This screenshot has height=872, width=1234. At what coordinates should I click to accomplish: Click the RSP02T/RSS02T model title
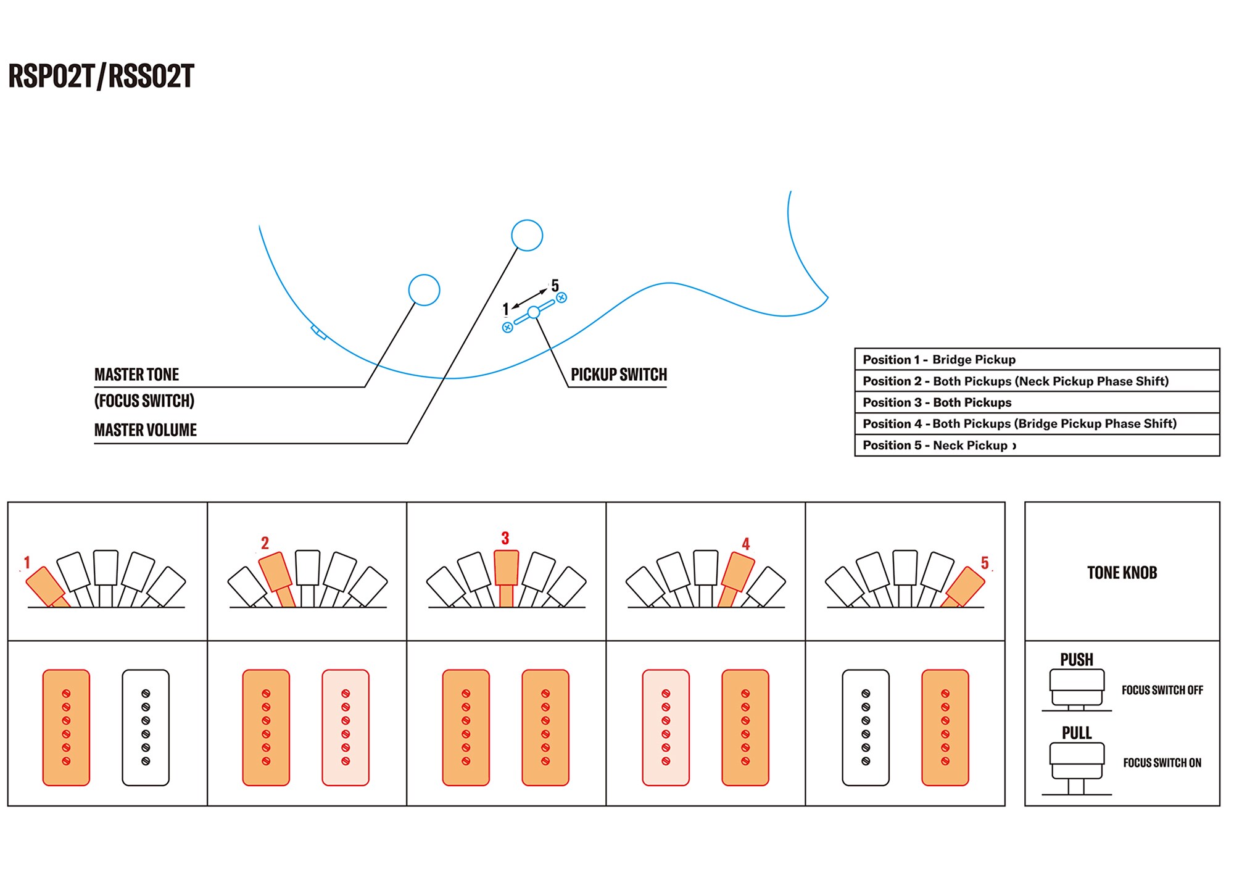coord(101,77)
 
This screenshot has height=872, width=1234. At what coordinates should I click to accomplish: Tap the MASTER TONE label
coord(136,375)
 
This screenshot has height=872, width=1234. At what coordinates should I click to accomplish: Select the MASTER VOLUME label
coord(146,430)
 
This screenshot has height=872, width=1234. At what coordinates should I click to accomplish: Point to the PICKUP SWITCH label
coord(619,375)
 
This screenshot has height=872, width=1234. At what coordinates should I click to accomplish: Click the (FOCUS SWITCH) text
coord(144,401)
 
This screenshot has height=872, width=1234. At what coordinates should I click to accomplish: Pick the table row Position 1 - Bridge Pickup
coord(1037,360)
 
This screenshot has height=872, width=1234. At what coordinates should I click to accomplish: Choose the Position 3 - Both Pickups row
coord(1037,402)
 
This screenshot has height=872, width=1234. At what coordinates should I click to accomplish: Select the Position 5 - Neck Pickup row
coord(1037,446)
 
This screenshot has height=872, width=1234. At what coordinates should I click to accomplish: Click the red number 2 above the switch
coord(265,543)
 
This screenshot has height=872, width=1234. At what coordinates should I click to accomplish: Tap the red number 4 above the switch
coord(745,544)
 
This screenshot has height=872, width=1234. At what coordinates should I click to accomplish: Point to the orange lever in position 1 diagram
coord(46,586)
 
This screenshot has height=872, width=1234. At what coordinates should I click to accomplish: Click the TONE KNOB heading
coord(1122,573)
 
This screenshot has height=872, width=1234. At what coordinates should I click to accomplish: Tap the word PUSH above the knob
coord(1077,660)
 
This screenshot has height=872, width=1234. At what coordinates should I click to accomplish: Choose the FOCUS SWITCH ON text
coord(1162,763)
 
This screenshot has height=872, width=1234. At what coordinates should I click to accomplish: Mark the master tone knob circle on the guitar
coord(424,290)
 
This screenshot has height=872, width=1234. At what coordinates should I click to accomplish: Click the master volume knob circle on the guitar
coord(527,235)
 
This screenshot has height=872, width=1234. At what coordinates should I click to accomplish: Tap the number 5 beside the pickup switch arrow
coord(555,286)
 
